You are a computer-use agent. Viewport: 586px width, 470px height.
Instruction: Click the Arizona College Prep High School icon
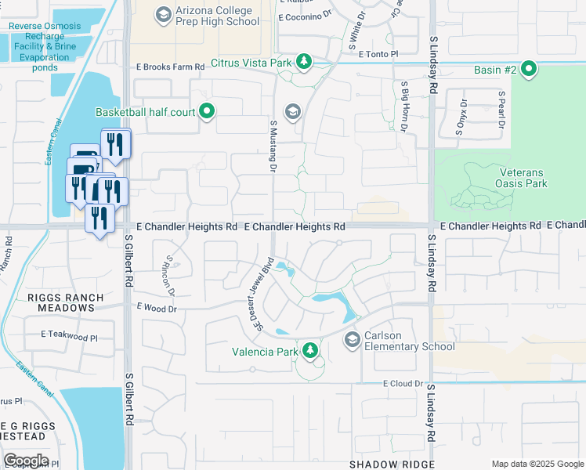click(x=163, y=15)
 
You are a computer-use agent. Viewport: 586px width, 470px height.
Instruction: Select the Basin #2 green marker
click(x=530, y=70)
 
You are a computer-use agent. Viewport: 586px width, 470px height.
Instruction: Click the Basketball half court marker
click(x=207, y=112)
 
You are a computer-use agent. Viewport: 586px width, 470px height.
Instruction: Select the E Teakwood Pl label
click(x=70, y=334)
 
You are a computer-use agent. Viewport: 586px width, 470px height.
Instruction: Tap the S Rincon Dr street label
click(x=170, y=275)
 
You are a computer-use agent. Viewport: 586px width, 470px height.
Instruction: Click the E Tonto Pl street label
click(x=378, y=53)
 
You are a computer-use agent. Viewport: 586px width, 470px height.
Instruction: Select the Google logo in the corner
click(x=26, y=461)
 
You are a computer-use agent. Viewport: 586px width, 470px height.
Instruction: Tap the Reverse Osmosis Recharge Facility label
click(x=44, y=46)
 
